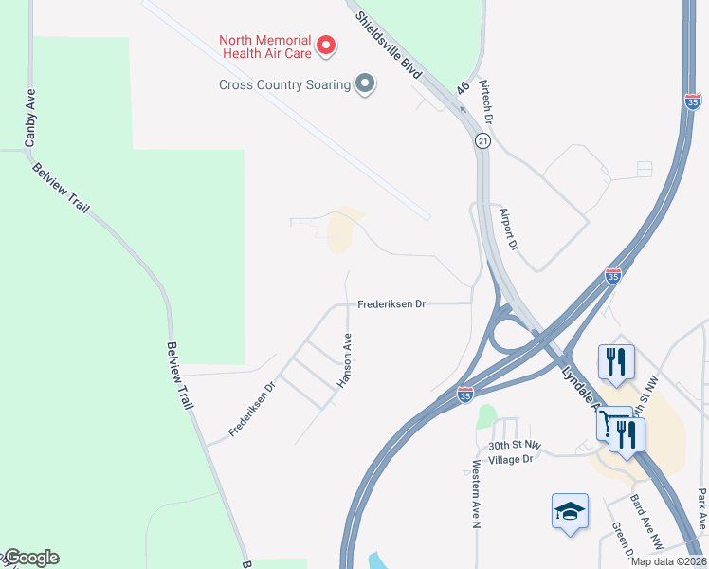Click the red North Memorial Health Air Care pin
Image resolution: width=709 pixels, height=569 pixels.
[x=325, y=45]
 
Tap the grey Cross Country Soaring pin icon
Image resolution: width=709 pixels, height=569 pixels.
[x=365, y=85]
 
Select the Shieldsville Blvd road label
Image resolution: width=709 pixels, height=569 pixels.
[x=390, y=45]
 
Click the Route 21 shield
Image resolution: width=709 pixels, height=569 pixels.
[x=482, y=140]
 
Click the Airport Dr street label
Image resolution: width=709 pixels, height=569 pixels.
[x=509, y=230]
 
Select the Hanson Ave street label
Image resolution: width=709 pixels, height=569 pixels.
[x=346, y=359]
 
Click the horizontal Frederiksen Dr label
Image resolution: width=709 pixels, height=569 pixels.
[x=391, y=304]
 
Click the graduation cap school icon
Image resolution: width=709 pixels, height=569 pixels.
[x=570, y=511]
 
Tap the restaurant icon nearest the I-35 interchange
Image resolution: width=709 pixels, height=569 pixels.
[x=616, y=361]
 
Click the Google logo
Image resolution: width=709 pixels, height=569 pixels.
[x=30, y=558]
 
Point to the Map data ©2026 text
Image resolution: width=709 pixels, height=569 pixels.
[x=668, y=561]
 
